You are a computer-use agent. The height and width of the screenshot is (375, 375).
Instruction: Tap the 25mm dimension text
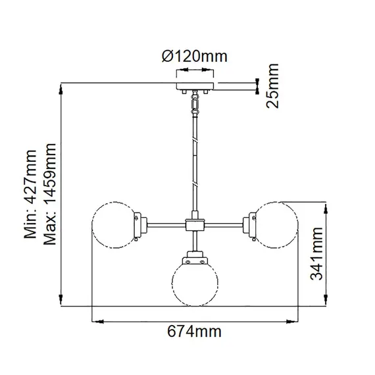pos(270,85)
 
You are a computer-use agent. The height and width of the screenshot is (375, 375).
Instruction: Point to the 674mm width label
pos(194,331)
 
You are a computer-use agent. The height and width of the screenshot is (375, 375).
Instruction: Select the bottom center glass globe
pos(195,285)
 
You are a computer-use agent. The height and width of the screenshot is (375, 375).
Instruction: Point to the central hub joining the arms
pos(195,226)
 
